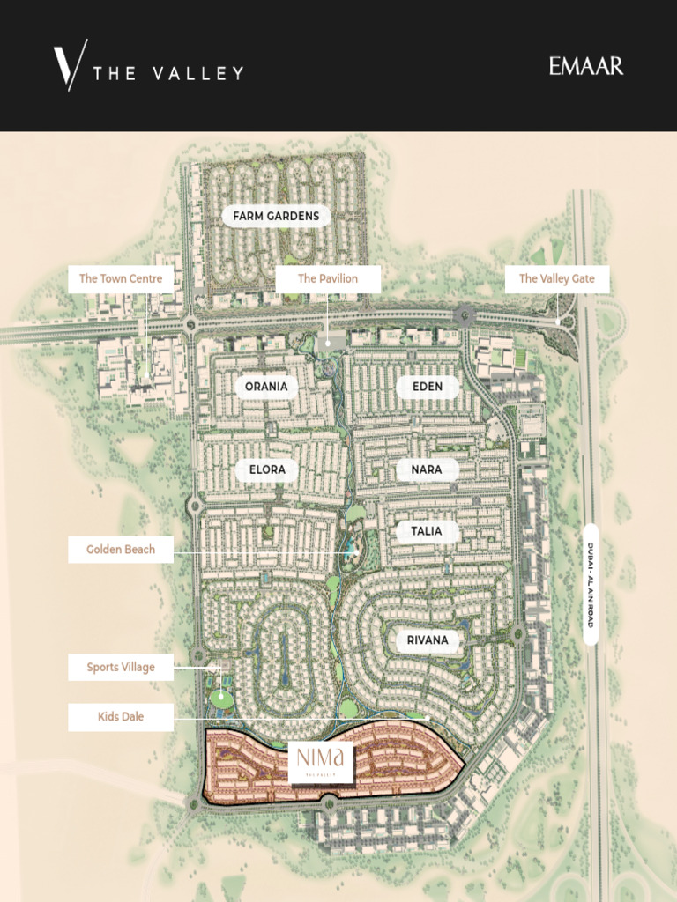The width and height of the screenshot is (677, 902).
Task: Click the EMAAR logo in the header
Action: pos(586,66)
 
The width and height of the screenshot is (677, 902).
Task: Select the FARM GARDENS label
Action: pos(276,216)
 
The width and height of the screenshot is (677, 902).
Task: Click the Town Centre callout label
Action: pos(121,279)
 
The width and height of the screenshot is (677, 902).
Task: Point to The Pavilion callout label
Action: pos(328,279)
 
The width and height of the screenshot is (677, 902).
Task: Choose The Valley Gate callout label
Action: pos(556,279)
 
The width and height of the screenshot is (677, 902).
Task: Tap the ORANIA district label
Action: pos(266,387)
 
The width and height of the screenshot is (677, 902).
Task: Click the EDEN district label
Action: pos(427,387)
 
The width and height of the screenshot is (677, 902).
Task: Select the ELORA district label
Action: pos(267,470)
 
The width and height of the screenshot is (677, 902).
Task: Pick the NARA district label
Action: pos(427,470)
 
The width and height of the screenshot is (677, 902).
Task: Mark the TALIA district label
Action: pos(427,531)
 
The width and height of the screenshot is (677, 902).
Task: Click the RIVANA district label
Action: pos(428,640)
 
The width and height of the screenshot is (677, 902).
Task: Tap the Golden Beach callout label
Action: pos(121,550)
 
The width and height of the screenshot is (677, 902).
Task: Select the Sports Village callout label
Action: pos(121,668)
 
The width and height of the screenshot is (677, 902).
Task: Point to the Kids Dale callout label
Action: pos(121,717)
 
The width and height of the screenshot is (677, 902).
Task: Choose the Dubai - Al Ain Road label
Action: pos(591,585)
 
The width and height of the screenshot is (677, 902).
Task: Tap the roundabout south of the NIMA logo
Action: pos(328,802)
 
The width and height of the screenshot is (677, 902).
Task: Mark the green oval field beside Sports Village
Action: pos(220,699)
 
